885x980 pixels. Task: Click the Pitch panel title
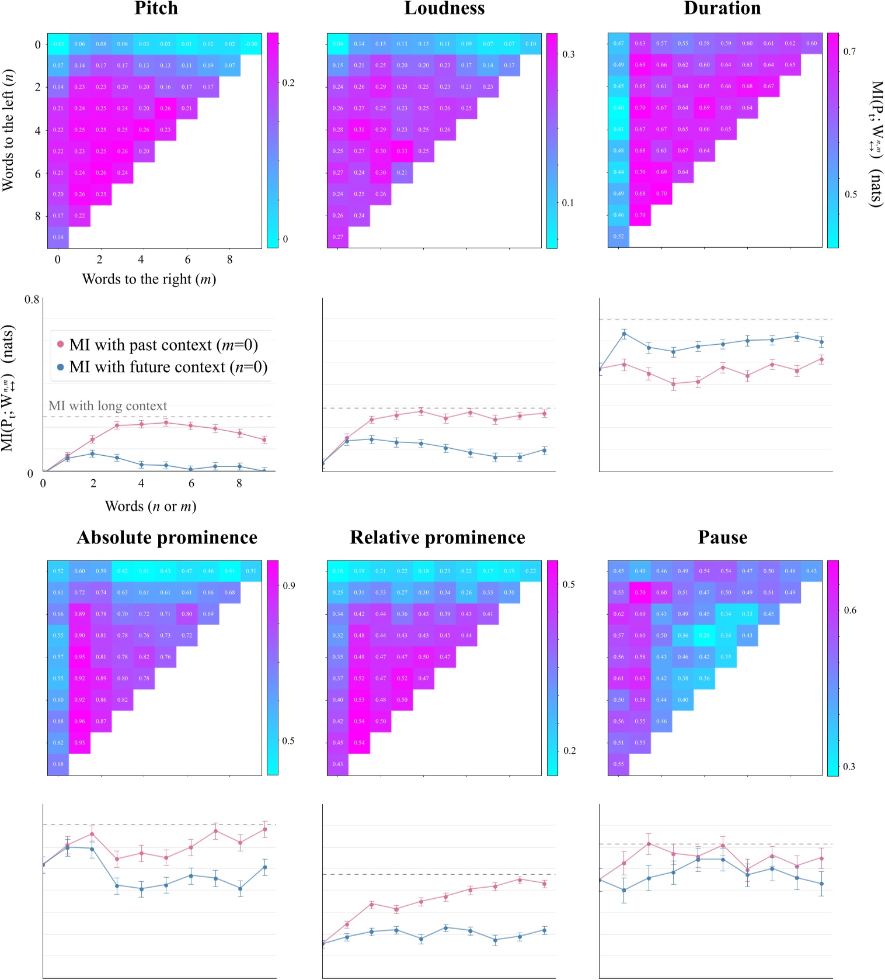[156, 8]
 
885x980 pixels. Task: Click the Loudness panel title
[444, 8]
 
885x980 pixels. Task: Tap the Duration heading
[722, 8]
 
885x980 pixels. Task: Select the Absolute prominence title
[167, 538]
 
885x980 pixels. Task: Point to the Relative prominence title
[437, 538]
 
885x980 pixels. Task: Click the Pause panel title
[722, 538]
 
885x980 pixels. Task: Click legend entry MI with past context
[163, 345]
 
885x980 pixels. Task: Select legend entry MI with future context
[168, 367]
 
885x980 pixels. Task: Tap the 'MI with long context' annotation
[107, 406]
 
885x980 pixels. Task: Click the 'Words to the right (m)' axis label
[149, 279]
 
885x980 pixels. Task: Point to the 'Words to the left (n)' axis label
[8, 130]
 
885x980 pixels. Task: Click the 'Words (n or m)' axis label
[150, 506]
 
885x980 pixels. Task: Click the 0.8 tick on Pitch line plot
[32, 300]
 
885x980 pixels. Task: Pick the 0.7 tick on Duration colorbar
[849, 51]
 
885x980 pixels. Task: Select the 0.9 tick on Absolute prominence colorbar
[288, 586]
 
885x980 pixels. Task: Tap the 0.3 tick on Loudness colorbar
[568, 54]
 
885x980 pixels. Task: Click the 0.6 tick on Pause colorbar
[850, 610]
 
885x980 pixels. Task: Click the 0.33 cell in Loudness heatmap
[402, 151]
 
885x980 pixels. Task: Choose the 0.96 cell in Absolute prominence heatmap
[79, 721]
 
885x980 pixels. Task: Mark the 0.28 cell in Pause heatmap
[705, 635]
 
